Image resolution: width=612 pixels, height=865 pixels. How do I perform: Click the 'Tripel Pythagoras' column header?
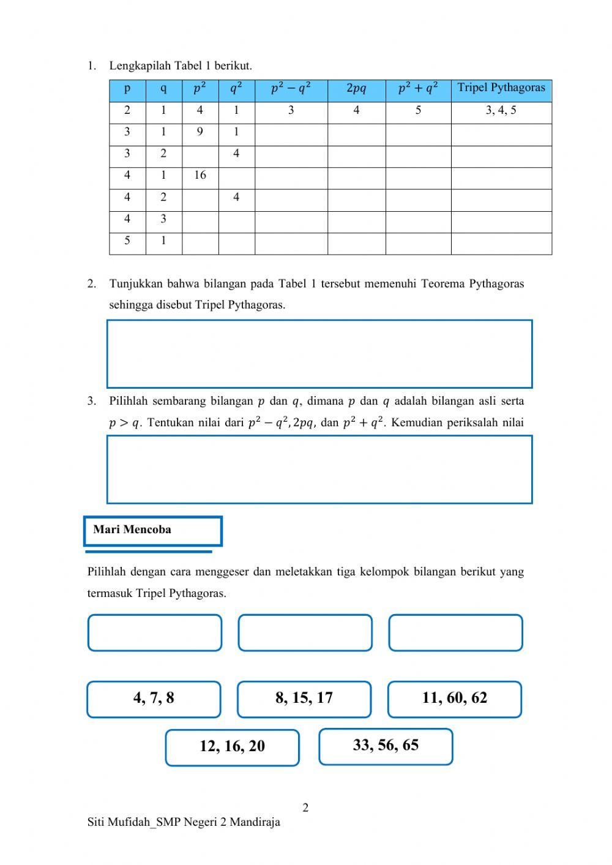(501, 88)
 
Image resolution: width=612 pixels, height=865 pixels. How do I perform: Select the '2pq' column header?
(356, 89)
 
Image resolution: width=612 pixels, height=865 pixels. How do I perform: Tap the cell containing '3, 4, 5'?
(501, 111)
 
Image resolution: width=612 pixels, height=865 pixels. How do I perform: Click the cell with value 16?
(200, 176)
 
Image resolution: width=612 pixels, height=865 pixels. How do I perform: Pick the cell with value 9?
(200, 132)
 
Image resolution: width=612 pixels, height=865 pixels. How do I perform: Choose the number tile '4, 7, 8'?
(154, 698)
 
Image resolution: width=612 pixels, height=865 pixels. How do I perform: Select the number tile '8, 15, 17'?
(304, 698)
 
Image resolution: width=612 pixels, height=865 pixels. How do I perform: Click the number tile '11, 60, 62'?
(455, 698)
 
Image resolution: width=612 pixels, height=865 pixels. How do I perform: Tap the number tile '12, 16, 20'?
(232, 746)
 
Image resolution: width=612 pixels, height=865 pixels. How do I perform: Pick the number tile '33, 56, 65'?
(386, 746)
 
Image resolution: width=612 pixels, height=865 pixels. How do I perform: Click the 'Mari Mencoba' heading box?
(153, 530)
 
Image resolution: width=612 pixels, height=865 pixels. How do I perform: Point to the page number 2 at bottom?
(305, 807)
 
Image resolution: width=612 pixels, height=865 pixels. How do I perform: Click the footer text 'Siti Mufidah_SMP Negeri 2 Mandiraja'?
(184, 822)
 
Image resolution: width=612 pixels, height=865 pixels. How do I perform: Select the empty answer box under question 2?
(319, 353)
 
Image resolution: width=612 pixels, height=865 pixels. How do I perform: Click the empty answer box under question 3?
(319, 470)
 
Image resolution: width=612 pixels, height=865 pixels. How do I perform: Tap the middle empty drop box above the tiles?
(305, 632)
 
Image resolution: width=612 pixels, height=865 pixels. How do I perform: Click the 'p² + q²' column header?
(418, 89)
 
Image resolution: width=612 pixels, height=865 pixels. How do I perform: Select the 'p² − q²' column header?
(291, 89)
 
